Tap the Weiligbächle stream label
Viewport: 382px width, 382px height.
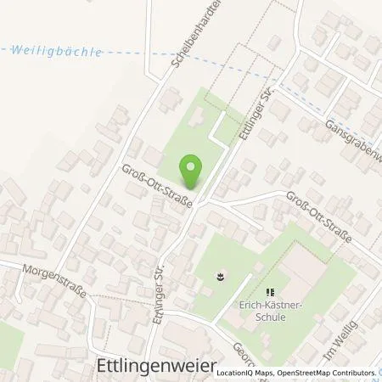(57, 52)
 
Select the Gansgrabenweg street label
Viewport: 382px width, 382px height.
(351, 139)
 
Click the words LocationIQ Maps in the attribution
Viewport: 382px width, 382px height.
(244, 373)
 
